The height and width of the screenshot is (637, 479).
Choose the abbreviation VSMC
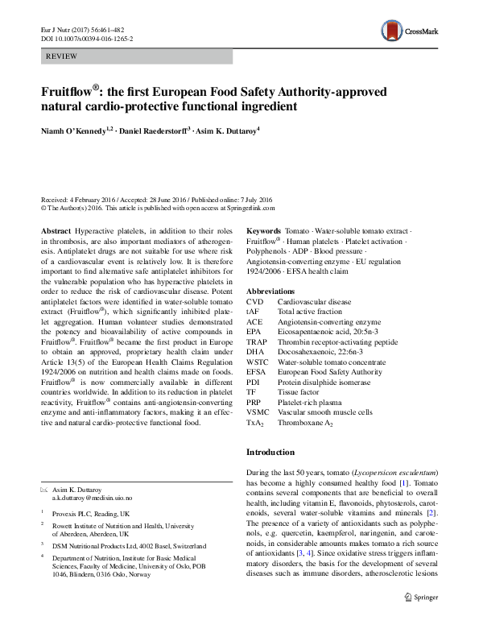257,412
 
